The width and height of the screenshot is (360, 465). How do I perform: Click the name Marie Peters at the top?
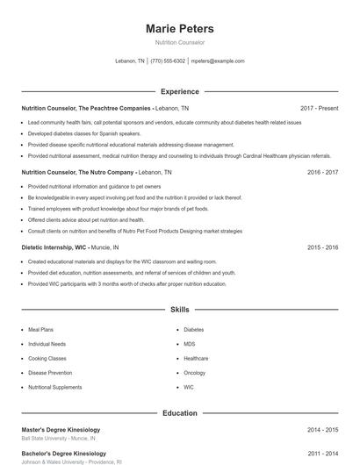point(179,29)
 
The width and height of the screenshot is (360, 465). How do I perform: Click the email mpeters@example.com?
point(218,61)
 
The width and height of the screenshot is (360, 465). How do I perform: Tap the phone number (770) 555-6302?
point(168,61)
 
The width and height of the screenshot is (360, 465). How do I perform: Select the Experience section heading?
point(179,91)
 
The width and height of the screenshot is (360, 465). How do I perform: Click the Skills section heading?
point(179,310)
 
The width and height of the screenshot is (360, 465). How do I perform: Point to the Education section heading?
point(179,412)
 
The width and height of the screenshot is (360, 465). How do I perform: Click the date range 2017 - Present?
point(319,108)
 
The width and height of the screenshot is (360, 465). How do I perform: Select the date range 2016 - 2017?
point(322,173)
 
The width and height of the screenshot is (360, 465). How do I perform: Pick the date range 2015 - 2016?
point(322,248)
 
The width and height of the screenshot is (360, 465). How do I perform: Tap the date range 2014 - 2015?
point(322,430)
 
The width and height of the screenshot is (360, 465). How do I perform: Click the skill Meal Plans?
point(40,330)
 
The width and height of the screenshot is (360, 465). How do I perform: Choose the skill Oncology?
point(194,372)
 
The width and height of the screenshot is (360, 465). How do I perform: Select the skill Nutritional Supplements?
point(54,387)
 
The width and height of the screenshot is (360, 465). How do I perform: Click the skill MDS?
point(190,344)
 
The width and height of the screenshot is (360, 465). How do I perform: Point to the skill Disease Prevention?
point(49,372)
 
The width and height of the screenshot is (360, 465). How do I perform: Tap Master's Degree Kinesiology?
point(61,430)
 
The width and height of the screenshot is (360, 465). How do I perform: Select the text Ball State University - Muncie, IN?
point(58,438)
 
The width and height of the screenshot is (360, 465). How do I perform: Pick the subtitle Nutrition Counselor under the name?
point(179,42)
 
